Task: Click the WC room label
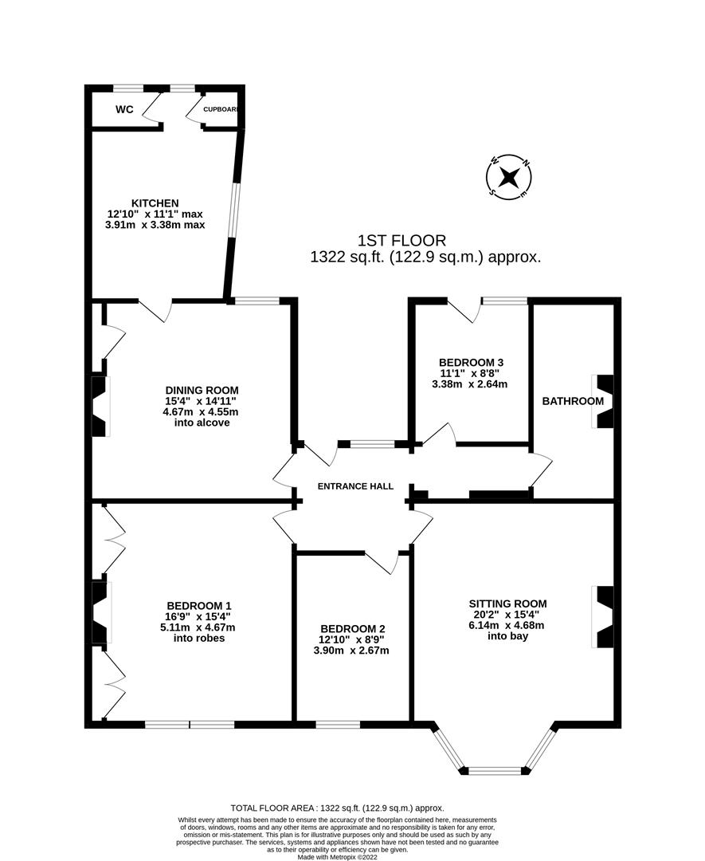[x=123, y=110]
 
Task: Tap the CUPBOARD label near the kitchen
[x=221, y=110]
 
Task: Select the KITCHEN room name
[x=155, y=203]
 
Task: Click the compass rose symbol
[x=509, y=177]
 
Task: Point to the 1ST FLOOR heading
[x=401, y=240]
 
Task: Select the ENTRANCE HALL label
[x=355, y=486]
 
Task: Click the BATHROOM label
[x=572, y=401]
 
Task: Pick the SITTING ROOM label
[x=507, y=603]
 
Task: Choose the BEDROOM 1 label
[x=198, y=604]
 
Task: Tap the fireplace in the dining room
[x=99, y=407]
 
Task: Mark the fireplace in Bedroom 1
[x=99, y=612]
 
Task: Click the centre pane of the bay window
[x=495, y=771]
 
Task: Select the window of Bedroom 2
[x=337, y=725]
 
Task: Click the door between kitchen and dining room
[x=156, y=309]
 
